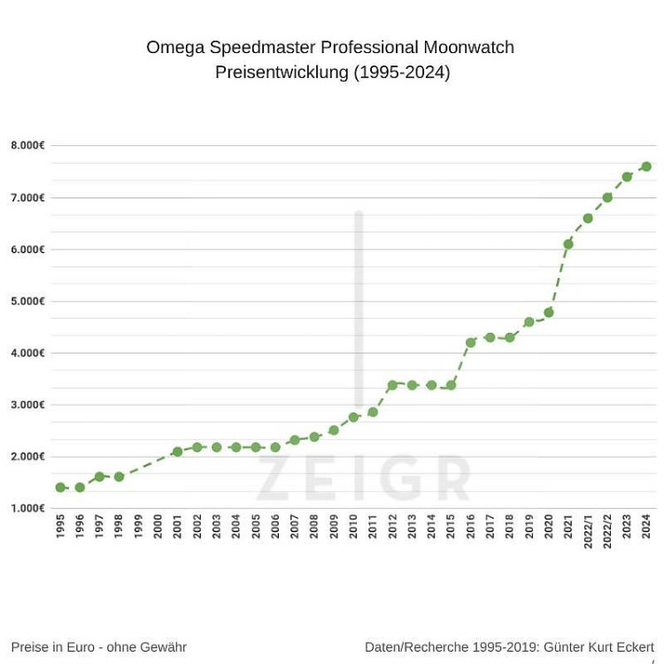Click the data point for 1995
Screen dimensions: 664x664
[60, 487]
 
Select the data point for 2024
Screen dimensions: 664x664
[646, 166]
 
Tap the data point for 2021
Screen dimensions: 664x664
[568, 243]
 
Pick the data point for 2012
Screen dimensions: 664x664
[392, 385]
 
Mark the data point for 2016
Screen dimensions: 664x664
[470, 342]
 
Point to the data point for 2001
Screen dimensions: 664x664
[177, 452]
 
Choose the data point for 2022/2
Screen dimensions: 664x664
[607, 197]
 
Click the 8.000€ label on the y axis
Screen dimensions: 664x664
[28, 145]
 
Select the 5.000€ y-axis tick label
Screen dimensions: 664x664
[28, 301]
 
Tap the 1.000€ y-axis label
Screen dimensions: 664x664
[28, 508]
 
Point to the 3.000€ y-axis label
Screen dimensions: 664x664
[28, 405]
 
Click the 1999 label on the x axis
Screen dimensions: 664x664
[138, 528]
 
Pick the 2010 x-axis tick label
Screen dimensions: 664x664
[353, 528]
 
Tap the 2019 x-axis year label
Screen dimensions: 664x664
[529, 528]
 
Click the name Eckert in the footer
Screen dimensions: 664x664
[631, 647]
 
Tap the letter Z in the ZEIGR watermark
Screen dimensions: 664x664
[273, 479]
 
